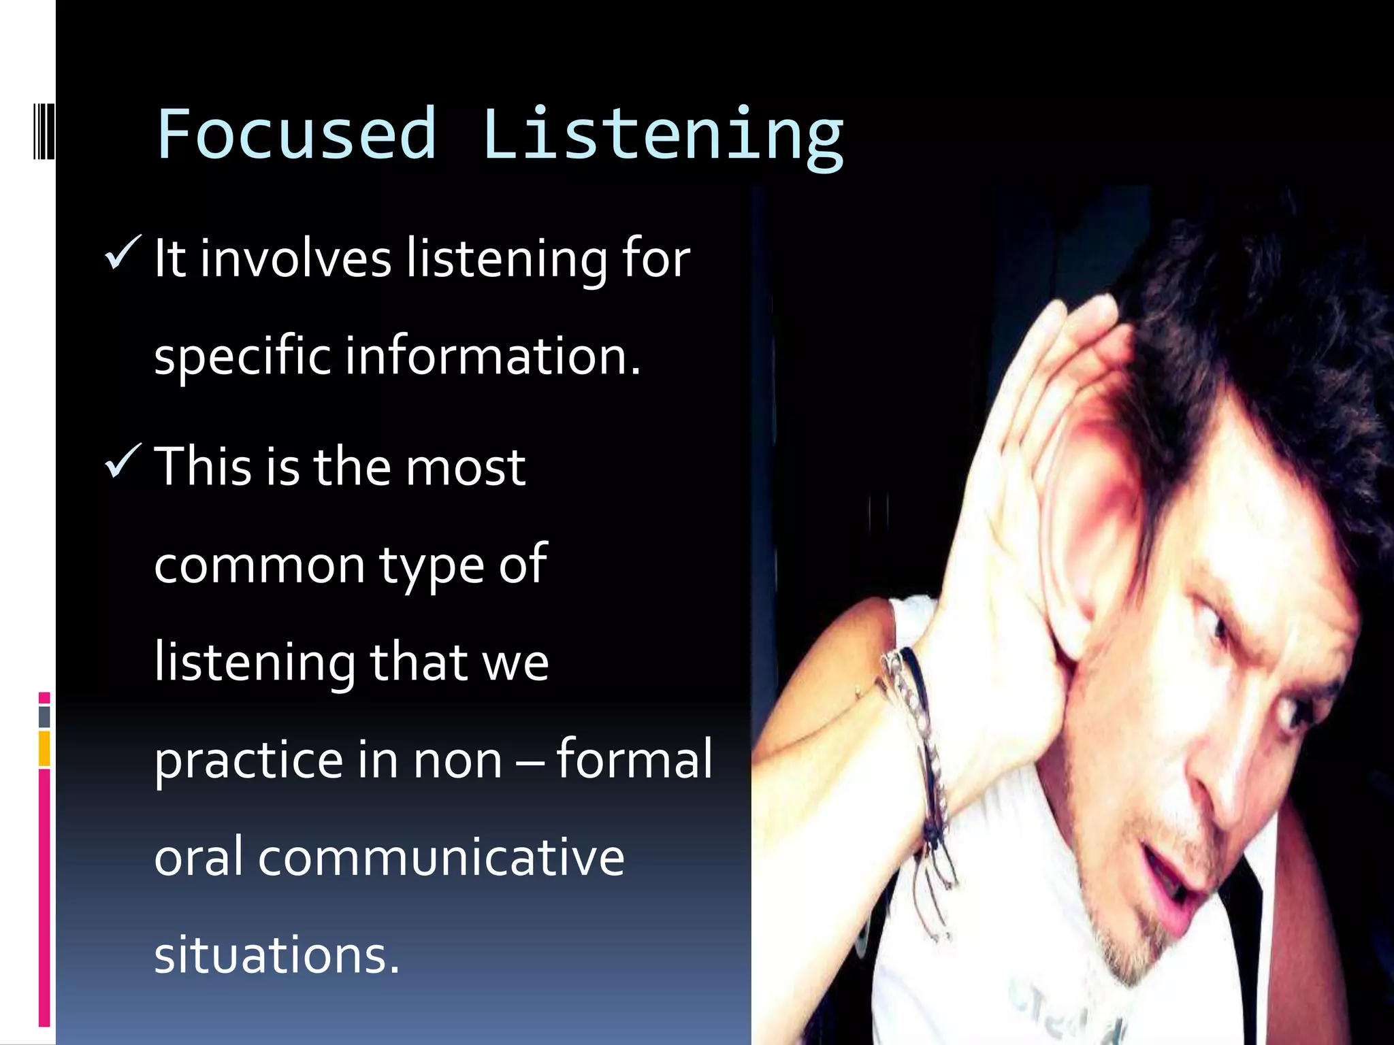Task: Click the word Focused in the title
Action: pos(296,134)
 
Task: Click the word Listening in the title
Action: pos(663,135)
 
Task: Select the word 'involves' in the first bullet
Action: pos(295,259)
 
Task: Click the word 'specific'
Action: pos(242,356)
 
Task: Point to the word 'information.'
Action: pos(493,356)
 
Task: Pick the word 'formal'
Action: pos(634,759)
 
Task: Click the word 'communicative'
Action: pos(440,858)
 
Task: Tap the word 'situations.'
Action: pos(276,955)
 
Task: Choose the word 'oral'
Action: pos(198,858)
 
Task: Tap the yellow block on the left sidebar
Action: pos(44,748)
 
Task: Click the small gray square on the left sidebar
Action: pos(44,716)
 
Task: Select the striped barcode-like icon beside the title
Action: pos(44,131)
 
